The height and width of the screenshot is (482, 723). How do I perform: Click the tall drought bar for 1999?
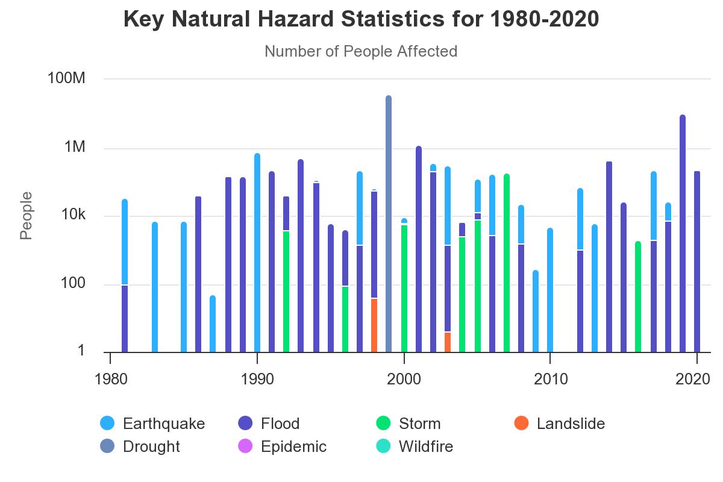click(389, 224)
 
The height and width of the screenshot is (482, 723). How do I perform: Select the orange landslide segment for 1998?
click(374, 325)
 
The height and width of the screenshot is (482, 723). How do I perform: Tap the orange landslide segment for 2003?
click(448, 342)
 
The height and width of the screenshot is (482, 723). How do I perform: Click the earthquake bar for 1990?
click(257, 253)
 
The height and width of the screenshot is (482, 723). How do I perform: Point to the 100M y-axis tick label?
click(66, 78)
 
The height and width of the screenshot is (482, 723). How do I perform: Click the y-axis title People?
click(26, 215)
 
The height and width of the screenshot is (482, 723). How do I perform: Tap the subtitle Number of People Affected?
click(361, 51)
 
